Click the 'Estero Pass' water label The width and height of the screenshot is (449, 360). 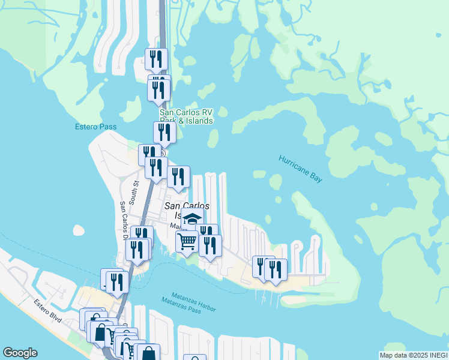[95, 127]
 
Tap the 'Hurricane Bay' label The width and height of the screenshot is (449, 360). [301, 168]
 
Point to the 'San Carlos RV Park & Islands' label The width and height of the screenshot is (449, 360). [186, 116]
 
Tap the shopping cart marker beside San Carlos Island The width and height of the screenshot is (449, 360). [187, 241]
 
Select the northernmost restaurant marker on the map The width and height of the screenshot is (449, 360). [156, 59]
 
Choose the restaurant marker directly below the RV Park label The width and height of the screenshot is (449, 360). [164, 132]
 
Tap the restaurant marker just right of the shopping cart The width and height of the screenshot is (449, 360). [210, 245]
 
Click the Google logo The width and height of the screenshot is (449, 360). [20, 353]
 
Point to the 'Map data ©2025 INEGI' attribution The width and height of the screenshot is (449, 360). [414, 355]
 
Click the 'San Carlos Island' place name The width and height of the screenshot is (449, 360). [187, 210]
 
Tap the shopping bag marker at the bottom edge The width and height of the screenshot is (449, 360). [148, 353]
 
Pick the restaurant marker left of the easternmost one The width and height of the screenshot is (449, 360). [263, 266]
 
